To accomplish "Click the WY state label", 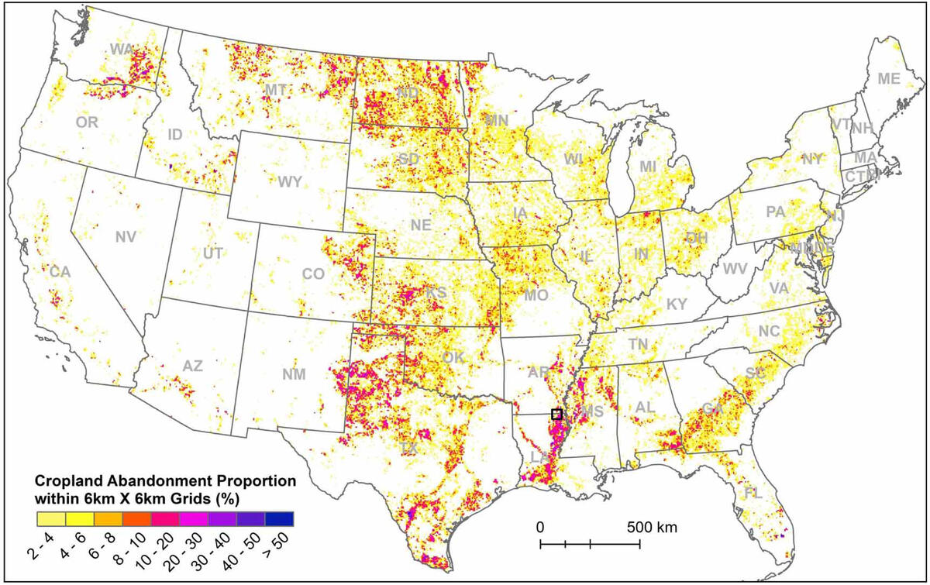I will point(290,183).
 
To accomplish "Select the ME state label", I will point(889,78).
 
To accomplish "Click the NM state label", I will point(294,375).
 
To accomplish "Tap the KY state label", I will point(677,304).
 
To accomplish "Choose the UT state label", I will point(212,253).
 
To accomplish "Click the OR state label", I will point(87,122).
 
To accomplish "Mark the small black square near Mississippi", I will point(556,414).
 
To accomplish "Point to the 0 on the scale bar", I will point(541,528).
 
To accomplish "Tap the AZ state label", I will point(192,366).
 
